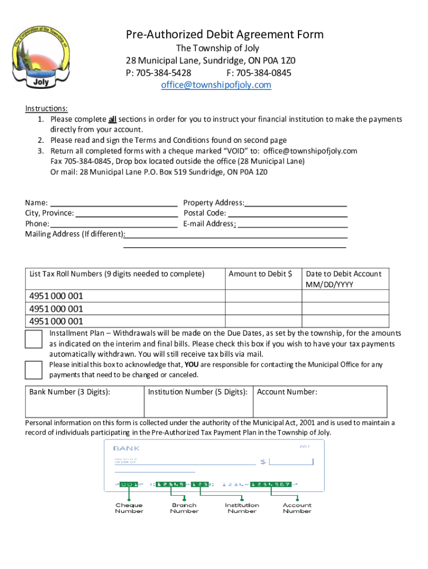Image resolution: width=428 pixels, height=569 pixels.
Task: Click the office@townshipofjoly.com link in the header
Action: click(x=216, y=85)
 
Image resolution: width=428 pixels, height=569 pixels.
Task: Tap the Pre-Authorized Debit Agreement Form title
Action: click(x=225, y=34)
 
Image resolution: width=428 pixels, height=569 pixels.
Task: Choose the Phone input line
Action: click(x=113, y=223)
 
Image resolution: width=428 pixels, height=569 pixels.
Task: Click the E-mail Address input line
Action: click(x=292, y=223)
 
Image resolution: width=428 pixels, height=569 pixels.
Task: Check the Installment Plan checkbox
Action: click(x=34, y=338)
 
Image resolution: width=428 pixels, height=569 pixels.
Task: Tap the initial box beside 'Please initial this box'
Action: click(x=34, y=370)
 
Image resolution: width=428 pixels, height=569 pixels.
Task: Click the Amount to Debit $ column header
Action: click(x=260, y=273)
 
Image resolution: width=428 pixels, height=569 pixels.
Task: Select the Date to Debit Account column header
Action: click(x=344, y=278)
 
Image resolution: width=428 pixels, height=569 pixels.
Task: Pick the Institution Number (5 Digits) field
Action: click(x=198, y=401)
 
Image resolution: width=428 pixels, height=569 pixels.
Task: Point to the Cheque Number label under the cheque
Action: click(x=129, y=508)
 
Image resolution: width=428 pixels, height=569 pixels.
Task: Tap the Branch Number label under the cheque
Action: click(x=184, y=508)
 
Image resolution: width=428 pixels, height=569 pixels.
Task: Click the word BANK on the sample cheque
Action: click(x=127, y=448)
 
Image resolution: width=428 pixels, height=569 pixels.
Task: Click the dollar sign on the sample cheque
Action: click(x=263, y=462)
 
